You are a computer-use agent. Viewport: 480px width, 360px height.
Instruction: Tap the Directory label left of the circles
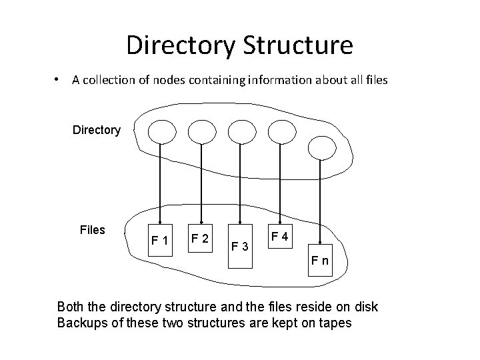97,130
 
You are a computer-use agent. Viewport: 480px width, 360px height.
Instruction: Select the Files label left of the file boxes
92,230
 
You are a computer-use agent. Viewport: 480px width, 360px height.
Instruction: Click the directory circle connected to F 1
160,131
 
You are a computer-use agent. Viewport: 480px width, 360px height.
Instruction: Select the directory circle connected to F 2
201,131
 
